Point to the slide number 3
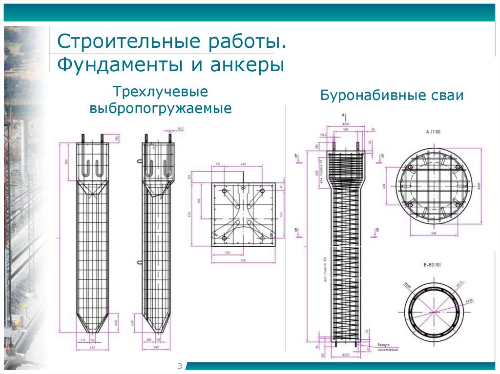pos(179,366)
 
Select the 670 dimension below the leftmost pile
pos(92,347)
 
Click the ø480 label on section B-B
pos(469,301)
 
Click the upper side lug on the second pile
pos(140,160)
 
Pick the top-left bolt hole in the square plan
pos(224,191)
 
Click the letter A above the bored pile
pos(344,115)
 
